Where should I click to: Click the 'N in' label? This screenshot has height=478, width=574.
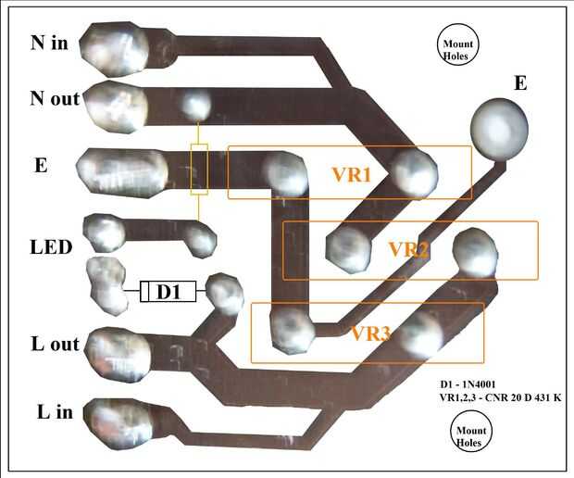[49, 43]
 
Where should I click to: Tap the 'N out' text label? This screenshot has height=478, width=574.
[55, 98]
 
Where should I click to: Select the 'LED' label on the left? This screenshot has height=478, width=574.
[51, 247]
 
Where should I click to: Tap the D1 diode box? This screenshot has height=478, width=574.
[168, 293]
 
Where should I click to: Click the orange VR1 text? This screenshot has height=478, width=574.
[351, 174]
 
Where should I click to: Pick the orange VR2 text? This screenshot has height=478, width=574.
[408, 249]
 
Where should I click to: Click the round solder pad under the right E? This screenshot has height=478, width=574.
[499, 127]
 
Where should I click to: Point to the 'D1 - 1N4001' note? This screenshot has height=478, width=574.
[476, 384]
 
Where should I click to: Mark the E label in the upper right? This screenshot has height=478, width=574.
[520, 84]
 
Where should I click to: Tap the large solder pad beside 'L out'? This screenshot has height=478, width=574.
[120, 351]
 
